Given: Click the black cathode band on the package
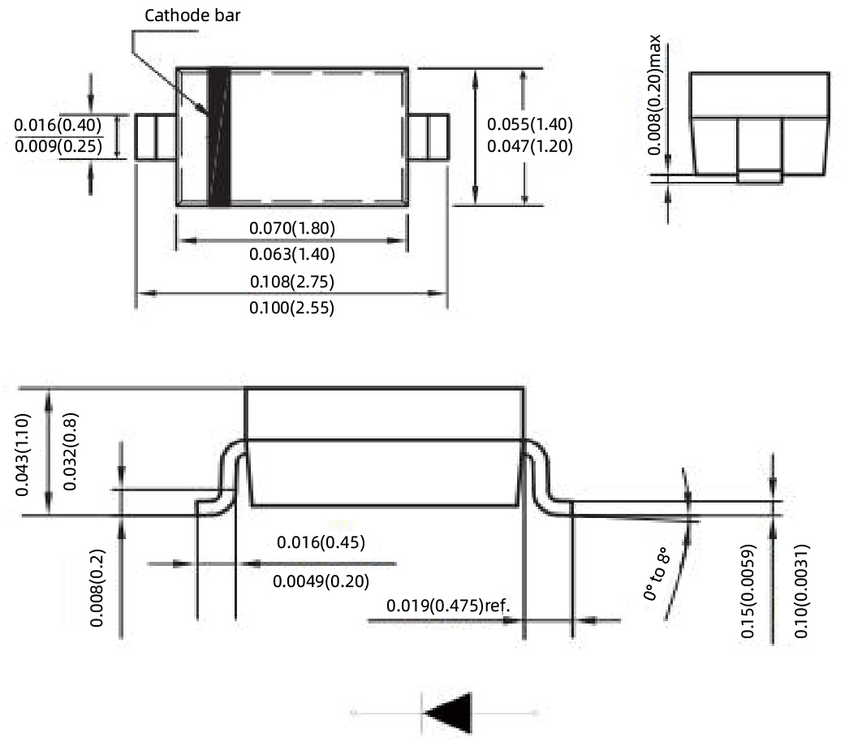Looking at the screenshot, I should [x=219, y=136].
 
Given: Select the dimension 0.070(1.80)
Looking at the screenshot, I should [x=292, y=228].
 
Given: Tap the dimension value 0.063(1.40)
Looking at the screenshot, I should [x=292, y=254].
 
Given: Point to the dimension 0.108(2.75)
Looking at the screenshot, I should [x=292, y=281].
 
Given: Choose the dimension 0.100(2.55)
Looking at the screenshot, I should [x=292, y=308].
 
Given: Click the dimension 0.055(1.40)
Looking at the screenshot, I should [x=530, y=124].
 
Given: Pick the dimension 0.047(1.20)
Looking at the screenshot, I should [x=530, y=147].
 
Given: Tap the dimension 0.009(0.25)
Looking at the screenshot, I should [x=58, y=147].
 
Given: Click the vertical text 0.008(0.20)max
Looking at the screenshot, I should [x=654, y=96].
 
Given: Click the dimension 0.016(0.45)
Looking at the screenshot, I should [x=321, y=542].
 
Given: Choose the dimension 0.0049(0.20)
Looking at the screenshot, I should [x=321, y=581].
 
